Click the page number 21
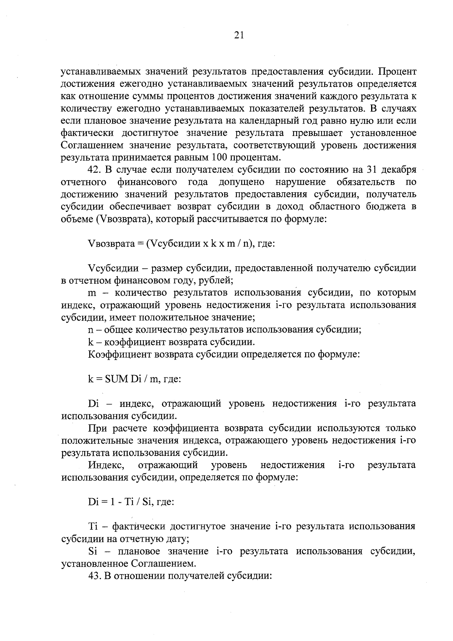click(x=239, y=35)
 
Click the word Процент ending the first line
click(x=398, y=72)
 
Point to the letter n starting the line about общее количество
click(x=90, y=330)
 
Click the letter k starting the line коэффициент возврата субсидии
click(x=90, y=342)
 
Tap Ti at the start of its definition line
click(x=93, y=527)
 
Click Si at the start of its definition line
click(x=92, y=551)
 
